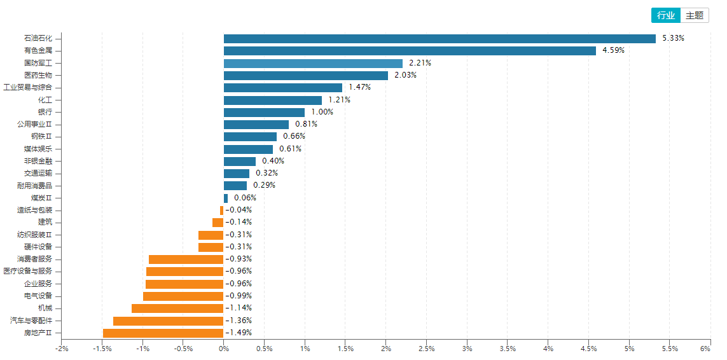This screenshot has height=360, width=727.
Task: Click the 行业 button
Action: click(x=665, y=15)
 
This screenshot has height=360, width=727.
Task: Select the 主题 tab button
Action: click(x=695, y=15)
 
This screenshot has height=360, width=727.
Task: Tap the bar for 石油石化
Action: click(x=440, y=39)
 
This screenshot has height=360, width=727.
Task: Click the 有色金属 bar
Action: click(x=410, y=51)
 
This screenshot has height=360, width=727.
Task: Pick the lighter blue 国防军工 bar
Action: click(x=313, y=63)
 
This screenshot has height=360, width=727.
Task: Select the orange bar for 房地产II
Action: click(x=163, y=333)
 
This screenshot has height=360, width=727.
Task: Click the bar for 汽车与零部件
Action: click(x=168, y=321)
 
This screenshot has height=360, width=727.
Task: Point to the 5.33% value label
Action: click(x=673, y=38)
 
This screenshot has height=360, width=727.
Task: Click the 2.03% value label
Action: click(x=405, y=75)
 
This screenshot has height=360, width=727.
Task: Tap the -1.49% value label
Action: click(x=239, y=333)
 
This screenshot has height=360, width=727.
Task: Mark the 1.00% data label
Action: click(x=322, y=112)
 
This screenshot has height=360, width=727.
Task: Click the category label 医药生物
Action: click(x=38, y=75)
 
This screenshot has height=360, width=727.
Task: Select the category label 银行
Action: click(x=45, y=112)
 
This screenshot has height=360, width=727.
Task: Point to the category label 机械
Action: click(x=45, y=308)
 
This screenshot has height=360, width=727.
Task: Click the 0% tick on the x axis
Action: click(x=224, y=349)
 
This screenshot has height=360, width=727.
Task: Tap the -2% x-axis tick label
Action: click(x=62, y=349)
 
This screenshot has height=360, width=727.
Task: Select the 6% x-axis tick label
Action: click(x=705, y=349)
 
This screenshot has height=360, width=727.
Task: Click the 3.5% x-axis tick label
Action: click(x=508, y=349)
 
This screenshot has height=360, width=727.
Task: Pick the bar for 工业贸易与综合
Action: click(x=283, y=88)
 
